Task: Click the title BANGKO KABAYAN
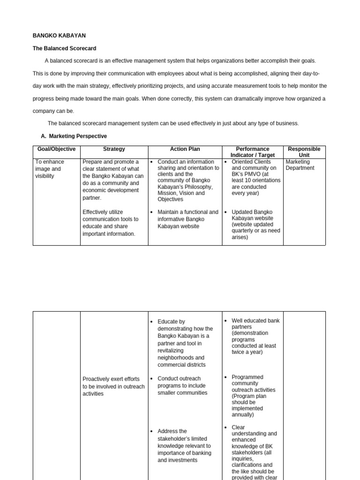pos(59,36)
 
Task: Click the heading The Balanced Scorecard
pos(64,48)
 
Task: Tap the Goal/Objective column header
pos(56,149)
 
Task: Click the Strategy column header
pos(114,149)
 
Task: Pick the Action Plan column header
pos(185,149)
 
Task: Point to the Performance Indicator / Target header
pos(253,152)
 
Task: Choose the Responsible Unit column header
pos(304,152)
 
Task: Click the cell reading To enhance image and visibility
pos(50,169)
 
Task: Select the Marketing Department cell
pos(300,165)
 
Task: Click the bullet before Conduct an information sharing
pos(152,162)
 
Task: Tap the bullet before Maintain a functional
pos(152,212)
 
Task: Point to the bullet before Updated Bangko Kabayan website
pos(226,212)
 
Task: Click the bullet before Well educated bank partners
pos(226,321)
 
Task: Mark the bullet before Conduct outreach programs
pos(152,379)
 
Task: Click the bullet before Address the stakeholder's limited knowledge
pos(152,431)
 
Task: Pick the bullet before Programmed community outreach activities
pos(226,377)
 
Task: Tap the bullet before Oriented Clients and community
pos(226,162)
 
